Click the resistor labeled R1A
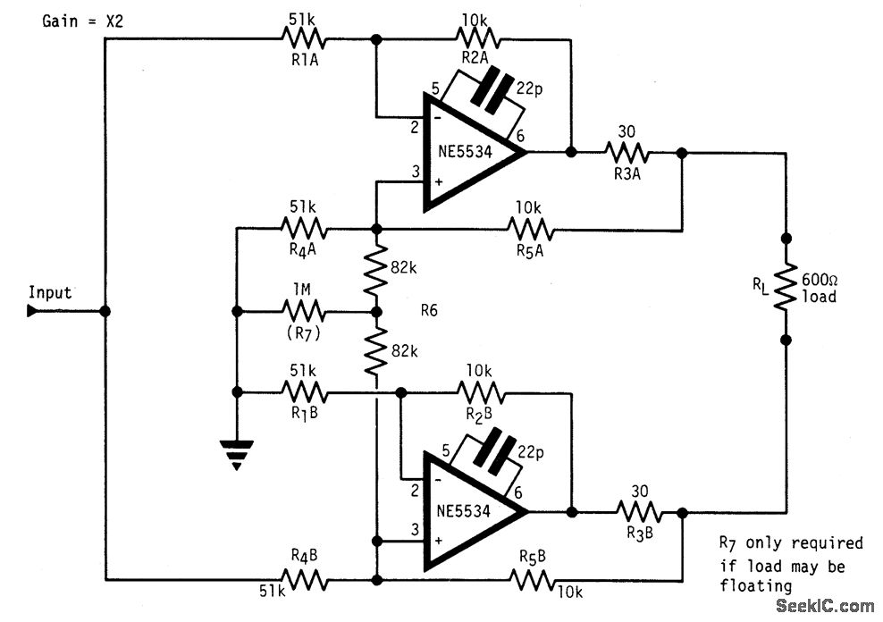coord(305,39)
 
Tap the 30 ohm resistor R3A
coord(629,153)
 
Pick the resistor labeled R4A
coord(305,230)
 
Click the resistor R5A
coord(531,230)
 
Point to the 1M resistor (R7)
coord(305,312)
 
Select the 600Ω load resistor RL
coord(786,289)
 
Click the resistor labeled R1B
coord(305,391)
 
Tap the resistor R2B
coord(480,391)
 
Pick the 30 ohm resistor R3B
coord(638,513)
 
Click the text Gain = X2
coord(82,21)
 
